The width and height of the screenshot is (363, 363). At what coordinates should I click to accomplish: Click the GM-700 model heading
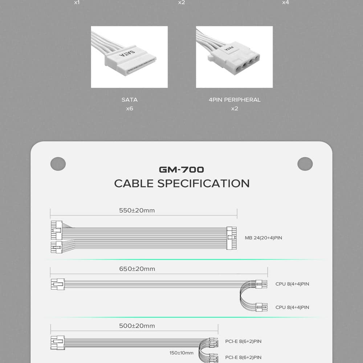(x=181, y=170)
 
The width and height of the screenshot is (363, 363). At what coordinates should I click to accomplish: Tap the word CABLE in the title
(x=134, y=183)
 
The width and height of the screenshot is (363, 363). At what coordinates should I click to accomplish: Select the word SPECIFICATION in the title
(x=204, y=183)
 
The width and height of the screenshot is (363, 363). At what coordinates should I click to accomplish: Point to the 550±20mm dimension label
(x=137, y=211)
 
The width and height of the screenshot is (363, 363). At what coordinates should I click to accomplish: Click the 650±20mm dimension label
(x=137, y=269)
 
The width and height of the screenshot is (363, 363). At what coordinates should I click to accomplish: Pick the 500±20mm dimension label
(x=137, y=326)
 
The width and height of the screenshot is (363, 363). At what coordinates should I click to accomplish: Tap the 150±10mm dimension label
(x=181, y=353)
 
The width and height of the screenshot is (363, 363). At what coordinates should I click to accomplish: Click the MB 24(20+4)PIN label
(x=264, y=238)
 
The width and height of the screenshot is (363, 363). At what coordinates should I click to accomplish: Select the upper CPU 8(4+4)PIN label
(x=292, y=284)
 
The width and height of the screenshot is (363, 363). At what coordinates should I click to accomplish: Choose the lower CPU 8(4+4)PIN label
(x=292, y=307)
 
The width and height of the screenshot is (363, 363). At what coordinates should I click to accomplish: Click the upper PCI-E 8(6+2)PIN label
(x=243, y=341)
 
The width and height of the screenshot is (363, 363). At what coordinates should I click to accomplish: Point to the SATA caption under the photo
(x=130, y=100)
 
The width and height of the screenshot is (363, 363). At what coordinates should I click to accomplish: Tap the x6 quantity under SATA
(x=130, y=109)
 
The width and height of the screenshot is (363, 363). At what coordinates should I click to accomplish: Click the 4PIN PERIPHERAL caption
(x=234, y=100)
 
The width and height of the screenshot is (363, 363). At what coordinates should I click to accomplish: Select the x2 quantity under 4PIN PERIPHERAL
(x=234, y=109)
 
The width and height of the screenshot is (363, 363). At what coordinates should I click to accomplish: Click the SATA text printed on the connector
(x=127, y=54)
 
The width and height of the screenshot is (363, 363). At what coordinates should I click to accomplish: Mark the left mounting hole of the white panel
(x=58, y=164)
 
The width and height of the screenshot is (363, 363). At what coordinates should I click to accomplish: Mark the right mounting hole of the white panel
(x=305, y=164)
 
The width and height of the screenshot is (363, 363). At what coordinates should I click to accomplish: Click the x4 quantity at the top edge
(x=285, y=3)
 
